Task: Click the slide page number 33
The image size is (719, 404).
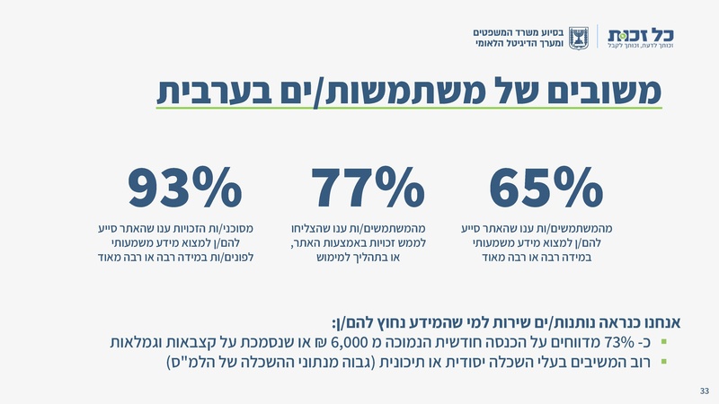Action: [705, 391]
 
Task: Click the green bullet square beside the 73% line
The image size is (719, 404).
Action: [663, 342]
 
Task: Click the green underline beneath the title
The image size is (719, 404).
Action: [409, 109]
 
